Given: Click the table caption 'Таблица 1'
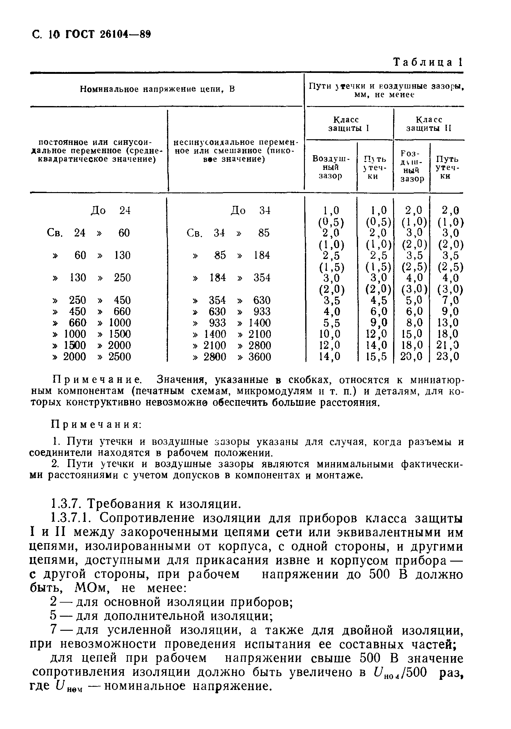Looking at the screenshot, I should point(428,62).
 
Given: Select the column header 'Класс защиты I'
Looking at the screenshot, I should point(348,124).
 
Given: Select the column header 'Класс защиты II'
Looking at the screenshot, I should point(428,124).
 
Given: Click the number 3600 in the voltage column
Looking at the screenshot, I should point(260,357).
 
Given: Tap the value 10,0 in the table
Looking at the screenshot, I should point(330,334).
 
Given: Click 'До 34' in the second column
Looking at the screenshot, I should point(250,211).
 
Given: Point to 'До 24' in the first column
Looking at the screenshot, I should point(111,211).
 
